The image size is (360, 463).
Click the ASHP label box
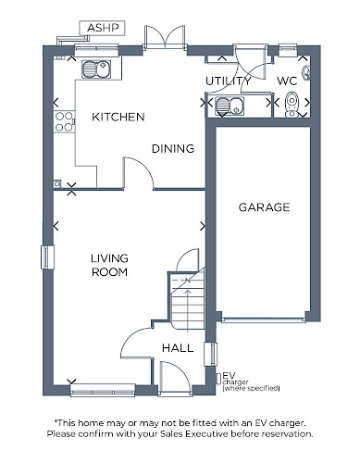click(103, 28)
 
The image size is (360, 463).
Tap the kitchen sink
click(96, 69)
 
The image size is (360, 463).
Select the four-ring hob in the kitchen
click(64, 121)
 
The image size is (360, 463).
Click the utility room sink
click(230, 106)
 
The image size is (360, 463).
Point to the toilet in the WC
click(292, 105)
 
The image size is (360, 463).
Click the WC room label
click(287, 81)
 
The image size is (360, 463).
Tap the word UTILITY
click(229, 81)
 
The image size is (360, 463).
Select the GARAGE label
click(264, 207)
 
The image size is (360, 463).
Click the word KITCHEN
click(118, 117)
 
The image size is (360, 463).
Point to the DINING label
click(173, 149)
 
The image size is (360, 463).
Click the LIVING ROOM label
click(109, 265)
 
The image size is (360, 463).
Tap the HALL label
click(178, 348)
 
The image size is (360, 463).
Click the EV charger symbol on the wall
click(218, 378)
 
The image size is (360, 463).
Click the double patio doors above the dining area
click(165, 36)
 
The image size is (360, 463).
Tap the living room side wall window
click(47, 257)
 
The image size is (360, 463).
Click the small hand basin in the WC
click(306, 73)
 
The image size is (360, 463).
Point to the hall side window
click(211, 354)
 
